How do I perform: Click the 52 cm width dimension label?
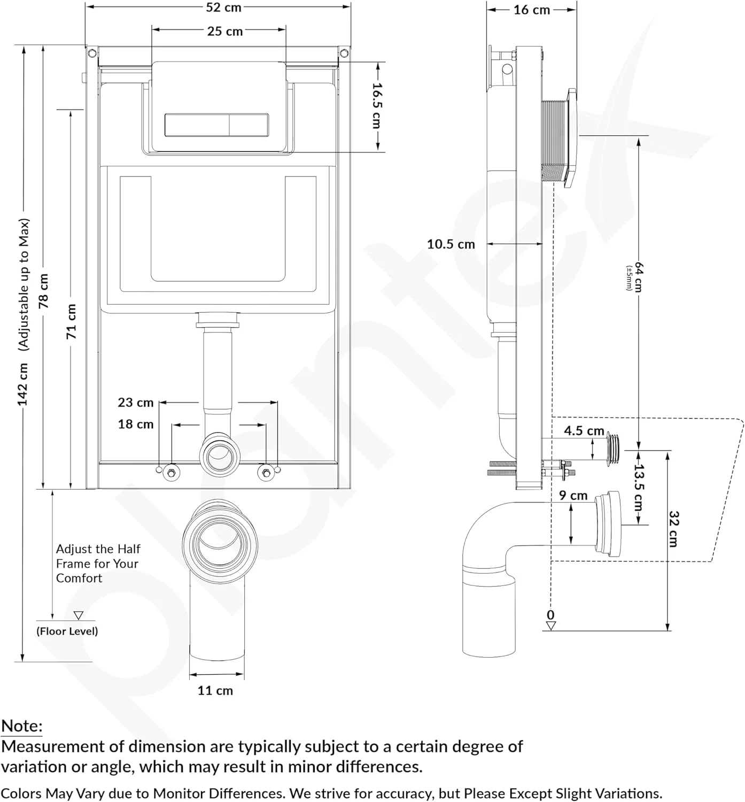tap(223, 7)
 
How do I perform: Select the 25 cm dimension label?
tap(225, 31)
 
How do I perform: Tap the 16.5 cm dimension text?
tap(377, 106)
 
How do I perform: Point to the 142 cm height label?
tap(22, 384)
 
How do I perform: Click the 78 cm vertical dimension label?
tap(43, 291)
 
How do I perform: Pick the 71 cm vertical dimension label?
tap(71, 321)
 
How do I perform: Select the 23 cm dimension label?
tap(136, 403)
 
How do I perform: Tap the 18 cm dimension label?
tap(136, 425)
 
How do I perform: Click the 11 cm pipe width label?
tap(215, 691)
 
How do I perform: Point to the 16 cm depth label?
tap(532, 10)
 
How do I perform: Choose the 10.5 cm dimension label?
tap(451, 244)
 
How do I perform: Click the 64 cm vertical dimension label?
tap(639, 277)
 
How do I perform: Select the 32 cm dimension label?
tap(674, 529)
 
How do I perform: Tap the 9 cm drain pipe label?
tap(573, 496)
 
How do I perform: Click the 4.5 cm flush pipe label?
tap(584, 431)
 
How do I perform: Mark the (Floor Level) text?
tap(67, 631)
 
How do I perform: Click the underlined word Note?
tap(22, 726)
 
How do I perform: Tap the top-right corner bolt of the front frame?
tap(344, 52)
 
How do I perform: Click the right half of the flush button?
tap(249, 125)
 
